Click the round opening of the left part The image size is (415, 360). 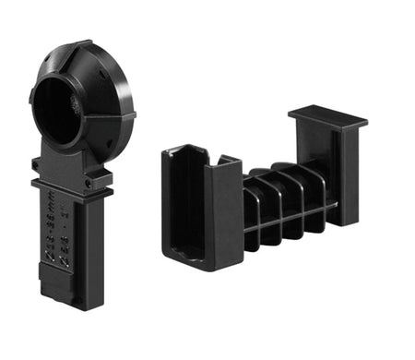click(x=58, y=110)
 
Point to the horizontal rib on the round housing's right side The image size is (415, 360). click(x=116, y=118)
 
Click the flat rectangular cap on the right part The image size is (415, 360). click(x=327, y=118)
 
